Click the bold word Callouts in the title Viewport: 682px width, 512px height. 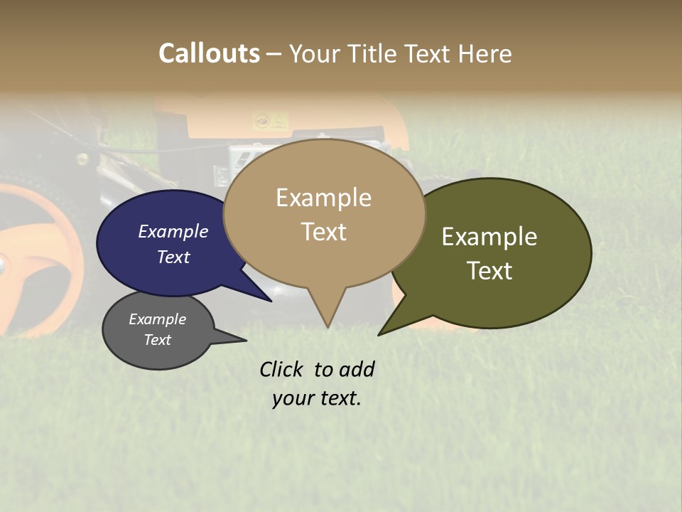tap(209, 53)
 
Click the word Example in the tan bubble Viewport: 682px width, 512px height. tap(324, 198)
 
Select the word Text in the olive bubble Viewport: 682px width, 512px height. tap(489, 271)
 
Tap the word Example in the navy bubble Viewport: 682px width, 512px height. tap(173, 231)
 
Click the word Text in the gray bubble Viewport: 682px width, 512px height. tap(158, 340)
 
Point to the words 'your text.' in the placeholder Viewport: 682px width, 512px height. tap(317, 398)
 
